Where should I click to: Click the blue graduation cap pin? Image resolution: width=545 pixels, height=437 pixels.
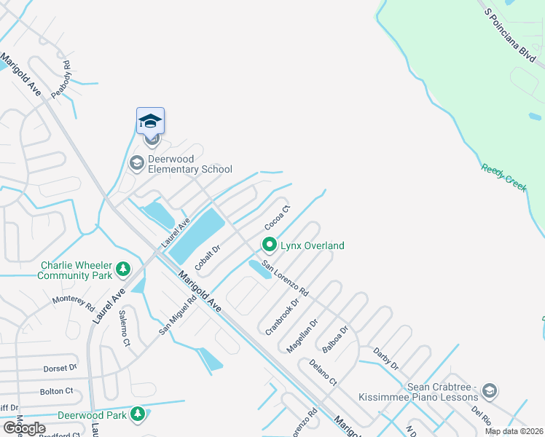tap(150, 121)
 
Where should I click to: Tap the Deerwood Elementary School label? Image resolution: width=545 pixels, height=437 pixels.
tap(189, 164)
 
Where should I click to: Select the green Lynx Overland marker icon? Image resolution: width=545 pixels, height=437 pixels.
tap(270, 245)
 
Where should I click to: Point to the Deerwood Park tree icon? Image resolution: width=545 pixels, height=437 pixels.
tap(137, 414)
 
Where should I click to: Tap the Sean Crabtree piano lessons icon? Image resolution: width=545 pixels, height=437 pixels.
tap(490, 392)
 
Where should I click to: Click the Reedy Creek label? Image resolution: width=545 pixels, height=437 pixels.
tap(503, 178)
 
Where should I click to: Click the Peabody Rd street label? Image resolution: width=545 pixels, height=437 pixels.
tap(62, 79)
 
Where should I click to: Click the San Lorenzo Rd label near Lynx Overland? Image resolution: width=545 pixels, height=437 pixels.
tap(286, 277)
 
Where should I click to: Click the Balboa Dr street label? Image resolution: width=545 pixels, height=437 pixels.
tap(337, 339)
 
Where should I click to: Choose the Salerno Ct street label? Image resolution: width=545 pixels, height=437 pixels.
tap(125, 331)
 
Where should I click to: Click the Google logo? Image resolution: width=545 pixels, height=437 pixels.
tap(24, 428)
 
